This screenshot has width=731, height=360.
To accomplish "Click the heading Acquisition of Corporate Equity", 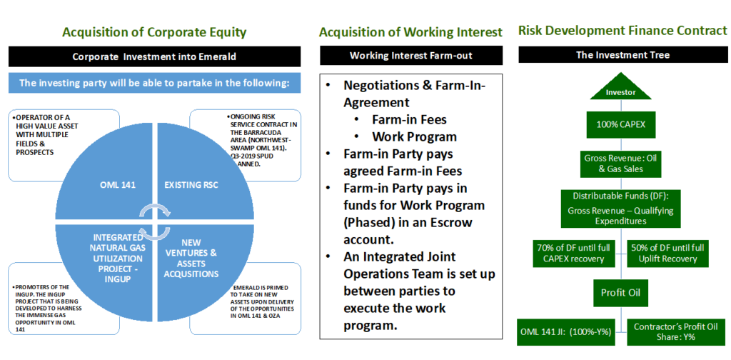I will (154, 32).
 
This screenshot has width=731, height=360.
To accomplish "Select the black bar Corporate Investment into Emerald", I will (154, 56).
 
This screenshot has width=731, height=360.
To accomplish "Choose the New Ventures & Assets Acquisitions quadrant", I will (191, 256).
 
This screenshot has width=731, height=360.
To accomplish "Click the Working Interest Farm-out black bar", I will (410, 56).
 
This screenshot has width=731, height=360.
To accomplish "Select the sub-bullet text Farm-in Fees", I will (409, 120).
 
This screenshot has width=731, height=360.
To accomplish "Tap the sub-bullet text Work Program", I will (415, 136).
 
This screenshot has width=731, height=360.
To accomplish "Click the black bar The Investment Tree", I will (620, 56).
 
